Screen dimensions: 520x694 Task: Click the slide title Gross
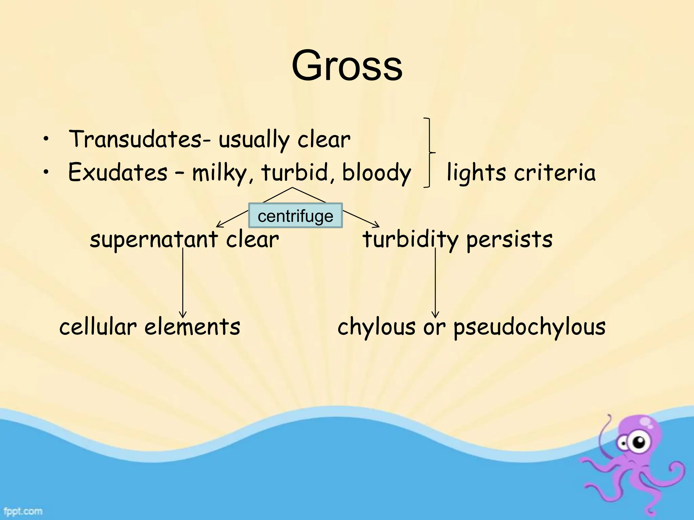click(347, 66)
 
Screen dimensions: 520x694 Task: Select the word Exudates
click(118, 172)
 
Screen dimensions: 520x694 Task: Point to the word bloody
click(376, 173)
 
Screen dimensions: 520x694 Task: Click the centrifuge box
click(295, 216)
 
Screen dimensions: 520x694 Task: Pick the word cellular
click(98, 327)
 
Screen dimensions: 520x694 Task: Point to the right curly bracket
click(430, 153)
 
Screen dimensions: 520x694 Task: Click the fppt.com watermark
click(23, 511)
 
